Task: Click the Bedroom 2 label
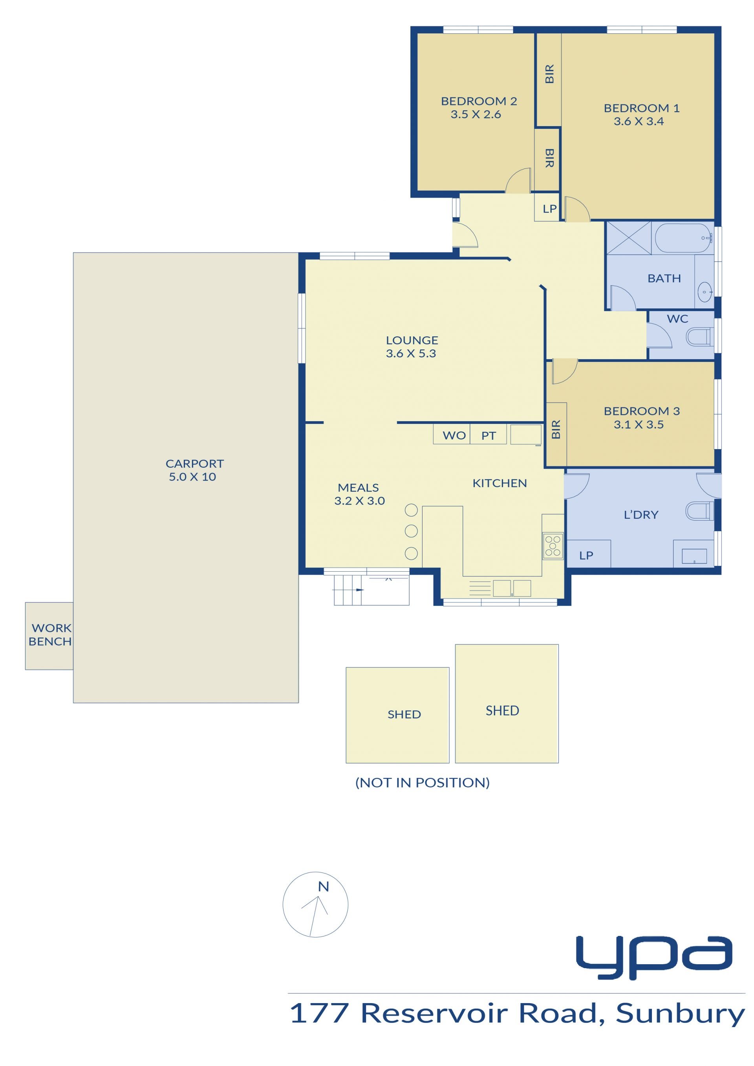pos(479,101)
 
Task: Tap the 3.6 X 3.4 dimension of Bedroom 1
pos(639,121)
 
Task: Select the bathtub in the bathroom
pos(683,238)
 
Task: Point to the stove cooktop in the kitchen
pos(553,546)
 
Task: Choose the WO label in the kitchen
pos(454,435)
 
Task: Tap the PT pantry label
pos(489,436)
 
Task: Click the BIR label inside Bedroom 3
pos(556,429)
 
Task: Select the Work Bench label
pos(50,635)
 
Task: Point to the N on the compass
pos(323,887)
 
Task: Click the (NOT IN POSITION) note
pos(422,783)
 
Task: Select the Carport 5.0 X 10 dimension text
pos(192,477)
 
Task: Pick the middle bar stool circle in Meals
pos(411,531)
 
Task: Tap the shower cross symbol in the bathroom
pos(629,238)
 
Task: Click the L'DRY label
pos(641,515)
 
